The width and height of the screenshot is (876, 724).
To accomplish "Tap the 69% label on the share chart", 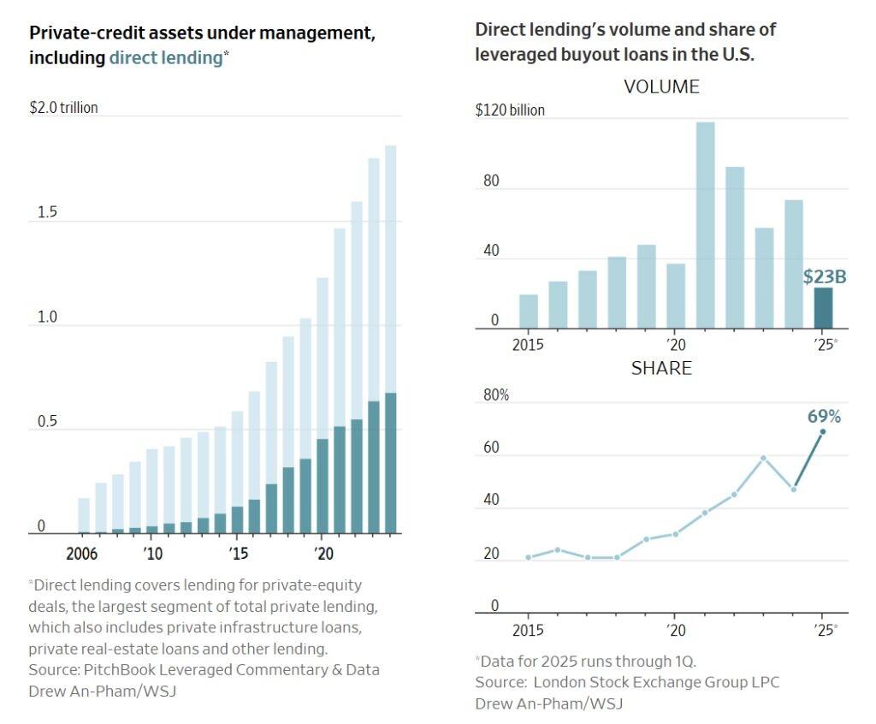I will [824, 417].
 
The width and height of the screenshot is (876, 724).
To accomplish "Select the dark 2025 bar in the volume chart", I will [823, 308].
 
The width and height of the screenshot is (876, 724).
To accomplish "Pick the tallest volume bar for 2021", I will [705, 225].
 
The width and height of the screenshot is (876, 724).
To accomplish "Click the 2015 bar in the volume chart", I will [529, 312].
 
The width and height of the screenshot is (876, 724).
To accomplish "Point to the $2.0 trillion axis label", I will [63, 108].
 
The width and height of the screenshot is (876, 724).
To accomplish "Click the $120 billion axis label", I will [510, 110].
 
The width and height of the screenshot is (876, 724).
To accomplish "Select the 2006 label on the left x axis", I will [81, 553].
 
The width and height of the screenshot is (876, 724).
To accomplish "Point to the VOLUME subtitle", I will [661, 86].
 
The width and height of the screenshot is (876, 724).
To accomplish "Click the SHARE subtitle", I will [661, 369].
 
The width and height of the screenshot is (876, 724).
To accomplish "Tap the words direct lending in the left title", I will [165, 58].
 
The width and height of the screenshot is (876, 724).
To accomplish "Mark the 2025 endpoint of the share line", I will [823, 431].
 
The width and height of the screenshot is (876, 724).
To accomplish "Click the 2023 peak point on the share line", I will [764, 458].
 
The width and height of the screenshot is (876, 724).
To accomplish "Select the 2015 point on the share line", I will [529, 557].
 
